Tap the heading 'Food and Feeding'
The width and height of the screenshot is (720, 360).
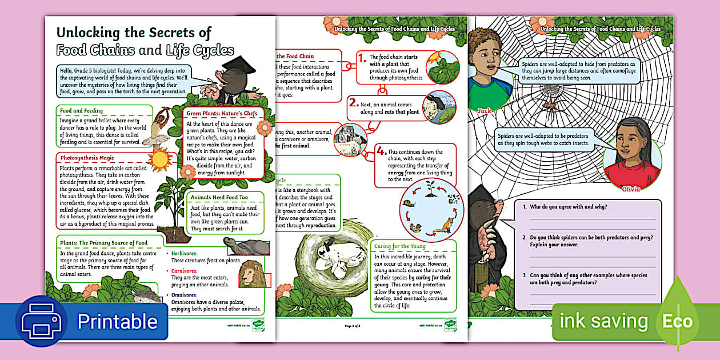(x=82, y=110)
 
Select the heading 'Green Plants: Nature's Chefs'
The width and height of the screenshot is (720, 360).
(x=222, y=113)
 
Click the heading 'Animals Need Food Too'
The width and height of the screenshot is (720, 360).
(x=220, y=198)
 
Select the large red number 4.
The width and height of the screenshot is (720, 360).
(x=381, y=151)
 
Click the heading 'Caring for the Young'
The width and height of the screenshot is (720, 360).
(x=401, y=246)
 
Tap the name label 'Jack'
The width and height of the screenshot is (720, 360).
(x=484, y=109)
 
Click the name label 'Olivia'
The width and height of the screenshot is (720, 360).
(x=631, y=188)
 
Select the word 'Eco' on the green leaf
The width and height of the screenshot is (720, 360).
(x=678, y=321)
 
